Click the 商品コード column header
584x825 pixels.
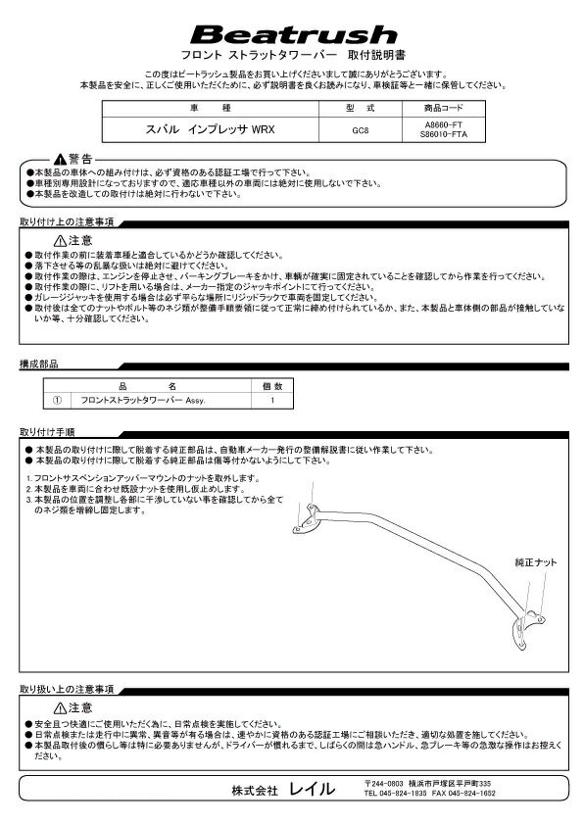[442, 107]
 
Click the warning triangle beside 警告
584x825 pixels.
[61, 158]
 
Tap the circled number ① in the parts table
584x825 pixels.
[57, 400]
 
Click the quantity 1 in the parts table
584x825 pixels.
[271, 400]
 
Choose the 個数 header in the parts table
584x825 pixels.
[271, 387]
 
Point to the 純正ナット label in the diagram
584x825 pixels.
[535, 562]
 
